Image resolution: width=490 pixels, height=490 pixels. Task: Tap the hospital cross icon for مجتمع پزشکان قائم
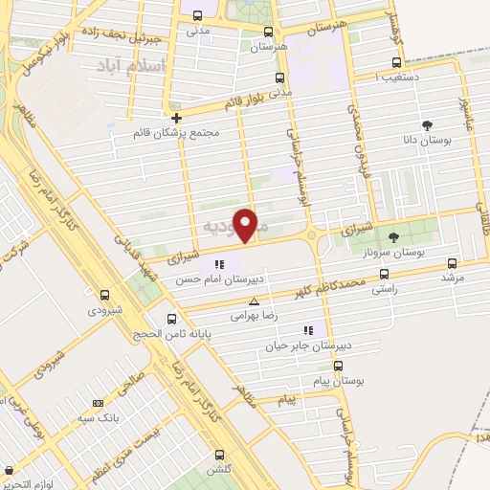pyautogui.click(x=176, y=117)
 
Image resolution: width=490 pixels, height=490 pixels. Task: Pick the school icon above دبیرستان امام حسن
pyautogui.click(x=219, y=264)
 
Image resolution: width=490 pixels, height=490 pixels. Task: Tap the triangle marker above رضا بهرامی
pyautogui.click(x=254, y=301)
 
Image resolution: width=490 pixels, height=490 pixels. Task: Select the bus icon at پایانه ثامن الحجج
pyautogui.click(x=171, y=319)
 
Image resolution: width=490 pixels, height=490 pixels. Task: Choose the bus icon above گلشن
pyautogui.click(x=223, y=455)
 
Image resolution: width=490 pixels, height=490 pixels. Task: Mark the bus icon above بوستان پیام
pyautogui.click(x=337, y=365)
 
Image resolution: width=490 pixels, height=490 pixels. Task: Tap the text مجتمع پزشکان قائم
pyautogui.click(x=176, y=134)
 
